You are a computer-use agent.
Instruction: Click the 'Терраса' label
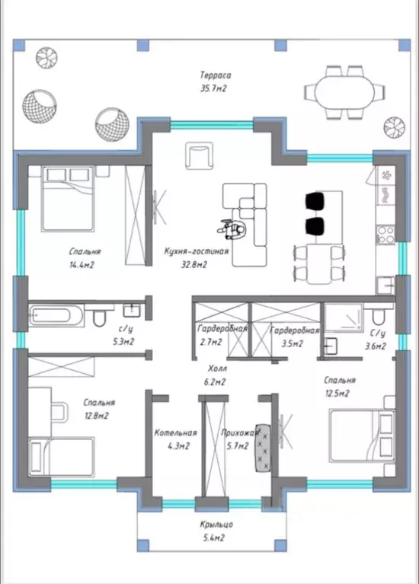216,75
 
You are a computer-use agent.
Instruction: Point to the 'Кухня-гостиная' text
196,251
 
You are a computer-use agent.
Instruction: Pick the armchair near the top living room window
199,155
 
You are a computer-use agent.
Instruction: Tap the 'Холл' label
217,369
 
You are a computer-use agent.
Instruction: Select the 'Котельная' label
175,432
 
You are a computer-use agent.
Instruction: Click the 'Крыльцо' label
216,525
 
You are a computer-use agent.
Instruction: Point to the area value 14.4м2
82,265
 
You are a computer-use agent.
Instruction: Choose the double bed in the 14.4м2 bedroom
67,198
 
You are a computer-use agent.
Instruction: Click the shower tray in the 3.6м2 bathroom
344,318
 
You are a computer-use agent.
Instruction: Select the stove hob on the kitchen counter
385,235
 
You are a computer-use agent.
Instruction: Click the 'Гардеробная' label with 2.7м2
222,329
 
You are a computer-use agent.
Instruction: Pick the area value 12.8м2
96,416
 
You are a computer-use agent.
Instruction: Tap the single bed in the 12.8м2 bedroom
61,457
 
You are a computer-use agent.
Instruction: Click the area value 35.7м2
214,88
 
